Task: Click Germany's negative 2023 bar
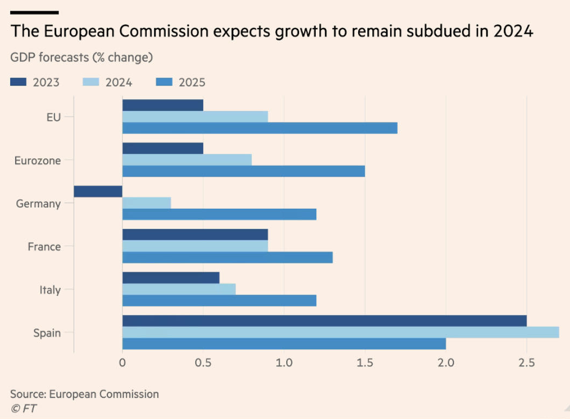point(98,191)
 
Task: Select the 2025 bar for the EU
point(260,128)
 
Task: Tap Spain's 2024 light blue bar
point(340,332)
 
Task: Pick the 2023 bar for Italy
point(171,278)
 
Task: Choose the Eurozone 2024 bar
point(187,160)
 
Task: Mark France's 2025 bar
point(228,257)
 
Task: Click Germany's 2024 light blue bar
point(146,203)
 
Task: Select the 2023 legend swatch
point(18,82)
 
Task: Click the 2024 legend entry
point(107,82)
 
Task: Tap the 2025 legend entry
point(180,82)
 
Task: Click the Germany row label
point(38,204)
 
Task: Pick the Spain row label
point(47,333)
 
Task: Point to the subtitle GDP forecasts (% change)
point(81,57)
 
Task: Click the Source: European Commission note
point(85,394)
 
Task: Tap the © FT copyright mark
point(23,408)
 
